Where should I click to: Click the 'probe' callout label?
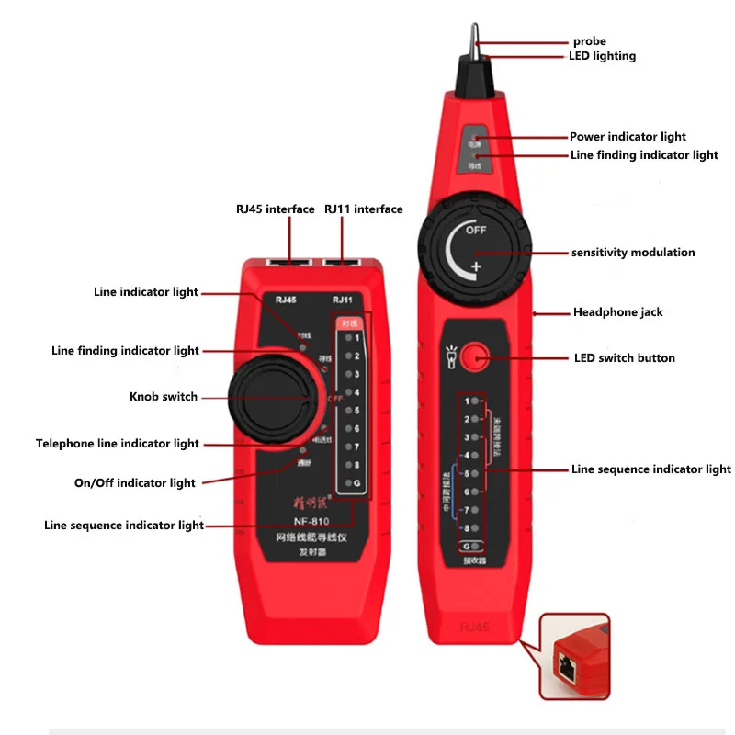(x=589, y=41)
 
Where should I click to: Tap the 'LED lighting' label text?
(x=602, y=56)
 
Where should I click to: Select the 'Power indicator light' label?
(x=628, y=137)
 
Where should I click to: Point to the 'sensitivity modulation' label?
(x=633, y=253)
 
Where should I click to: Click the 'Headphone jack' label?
(x=618, y=312)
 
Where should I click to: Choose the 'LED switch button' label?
(x=624, y=358)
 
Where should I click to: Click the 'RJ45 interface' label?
(x=275, y=209)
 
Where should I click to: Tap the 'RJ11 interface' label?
(x=363, y=209)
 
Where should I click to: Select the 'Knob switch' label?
(x=164, y=397)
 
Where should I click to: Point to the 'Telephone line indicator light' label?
(x=118, y=444)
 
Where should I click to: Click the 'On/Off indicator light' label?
(x=135, y=483)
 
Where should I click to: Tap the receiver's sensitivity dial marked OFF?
(x=471, y=248)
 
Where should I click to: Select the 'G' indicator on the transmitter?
(x=356, y=483)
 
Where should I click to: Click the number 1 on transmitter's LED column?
(x=356, y=338)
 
